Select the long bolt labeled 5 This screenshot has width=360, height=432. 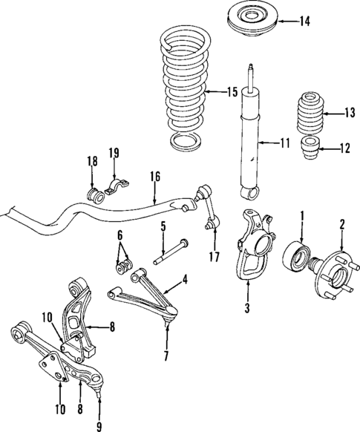[171, 252]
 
